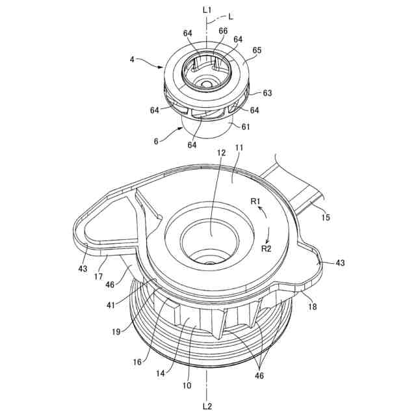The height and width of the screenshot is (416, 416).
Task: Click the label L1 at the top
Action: (207, 10)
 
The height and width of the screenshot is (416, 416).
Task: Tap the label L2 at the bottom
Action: (207, 406)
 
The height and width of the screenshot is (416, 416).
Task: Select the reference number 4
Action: (132, 59)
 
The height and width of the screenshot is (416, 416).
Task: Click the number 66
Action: (223, 31)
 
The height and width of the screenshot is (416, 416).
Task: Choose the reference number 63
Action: (267, 93)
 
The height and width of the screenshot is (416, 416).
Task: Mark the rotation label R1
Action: (256, 202)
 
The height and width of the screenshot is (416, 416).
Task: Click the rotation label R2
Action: (266, 248)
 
